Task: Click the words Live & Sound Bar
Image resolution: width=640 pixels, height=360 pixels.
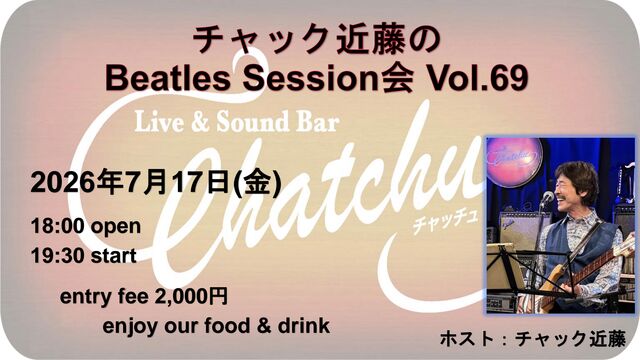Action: click(237, 122)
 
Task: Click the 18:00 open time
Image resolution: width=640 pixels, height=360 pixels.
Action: click(86, 226)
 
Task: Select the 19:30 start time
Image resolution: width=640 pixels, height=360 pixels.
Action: click(84, 256)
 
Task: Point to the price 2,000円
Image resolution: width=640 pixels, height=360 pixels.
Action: click(191, 296)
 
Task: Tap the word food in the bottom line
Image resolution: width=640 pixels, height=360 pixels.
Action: click(227, 326)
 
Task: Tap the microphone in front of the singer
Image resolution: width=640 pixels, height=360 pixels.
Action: click(546, 199)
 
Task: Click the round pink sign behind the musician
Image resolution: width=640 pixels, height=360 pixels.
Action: click(515, 157)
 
